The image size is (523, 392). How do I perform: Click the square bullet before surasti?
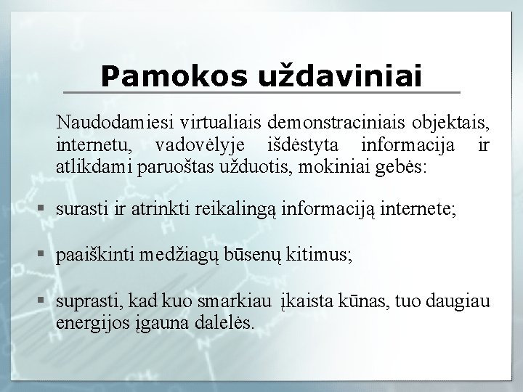tap(43, 210)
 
